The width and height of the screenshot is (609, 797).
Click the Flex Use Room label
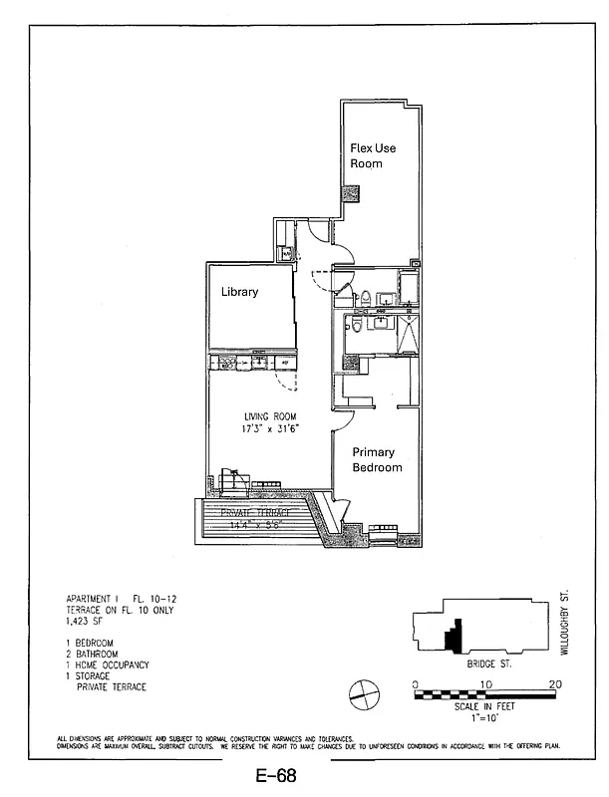[x=372, y=155]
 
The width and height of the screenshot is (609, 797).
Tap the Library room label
[x=239, y=292]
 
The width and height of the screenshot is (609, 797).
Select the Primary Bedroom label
[x=377, y=459]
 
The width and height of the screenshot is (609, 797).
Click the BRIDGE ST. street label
[x=488, y=662]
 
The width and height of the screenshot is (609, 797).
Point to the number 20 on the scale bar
[x=555, y=684]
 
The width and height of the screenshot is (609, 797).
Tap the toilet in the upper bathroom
[x=366, y=296]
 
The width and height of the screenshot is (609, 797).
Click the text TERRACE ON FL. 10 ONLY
[x=119, y=609]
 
